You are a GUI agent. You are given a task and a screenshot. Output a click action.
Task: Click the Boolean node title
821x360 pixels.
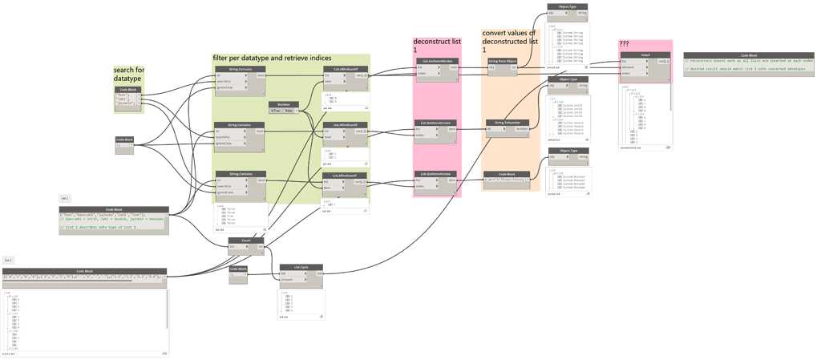pos(283,104)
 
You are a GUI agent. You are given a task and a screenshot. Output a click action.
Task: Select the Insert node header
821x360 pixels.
pos(645,54)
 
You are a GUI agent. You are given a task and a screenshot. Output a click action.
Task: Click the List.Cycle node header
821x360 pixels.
pos(301,267)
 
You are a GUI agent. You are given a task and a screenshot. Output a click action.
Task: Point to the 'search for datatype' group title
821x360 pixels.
pos(129,75)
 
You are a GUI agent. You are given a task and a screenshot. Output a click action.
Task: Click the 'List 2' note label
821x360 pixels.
pos(65,197)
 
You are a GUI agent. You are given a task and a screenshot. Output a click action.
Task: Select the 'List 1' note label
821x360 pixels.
pos(8,260)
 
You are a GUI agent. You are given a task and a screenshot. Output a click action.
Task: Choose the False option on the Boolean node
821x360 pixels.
pos(290,111)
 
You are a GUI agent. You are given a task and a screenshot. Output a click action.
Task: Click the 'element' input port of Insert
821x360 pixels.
pos(628,67)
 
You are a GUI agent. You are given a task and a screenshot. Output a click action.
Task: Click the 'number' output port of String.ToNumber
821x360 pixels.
pos(521,128)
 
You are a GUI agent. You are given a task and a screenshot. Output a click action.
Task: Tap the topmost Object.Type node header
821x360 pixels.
pos(568,6)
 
